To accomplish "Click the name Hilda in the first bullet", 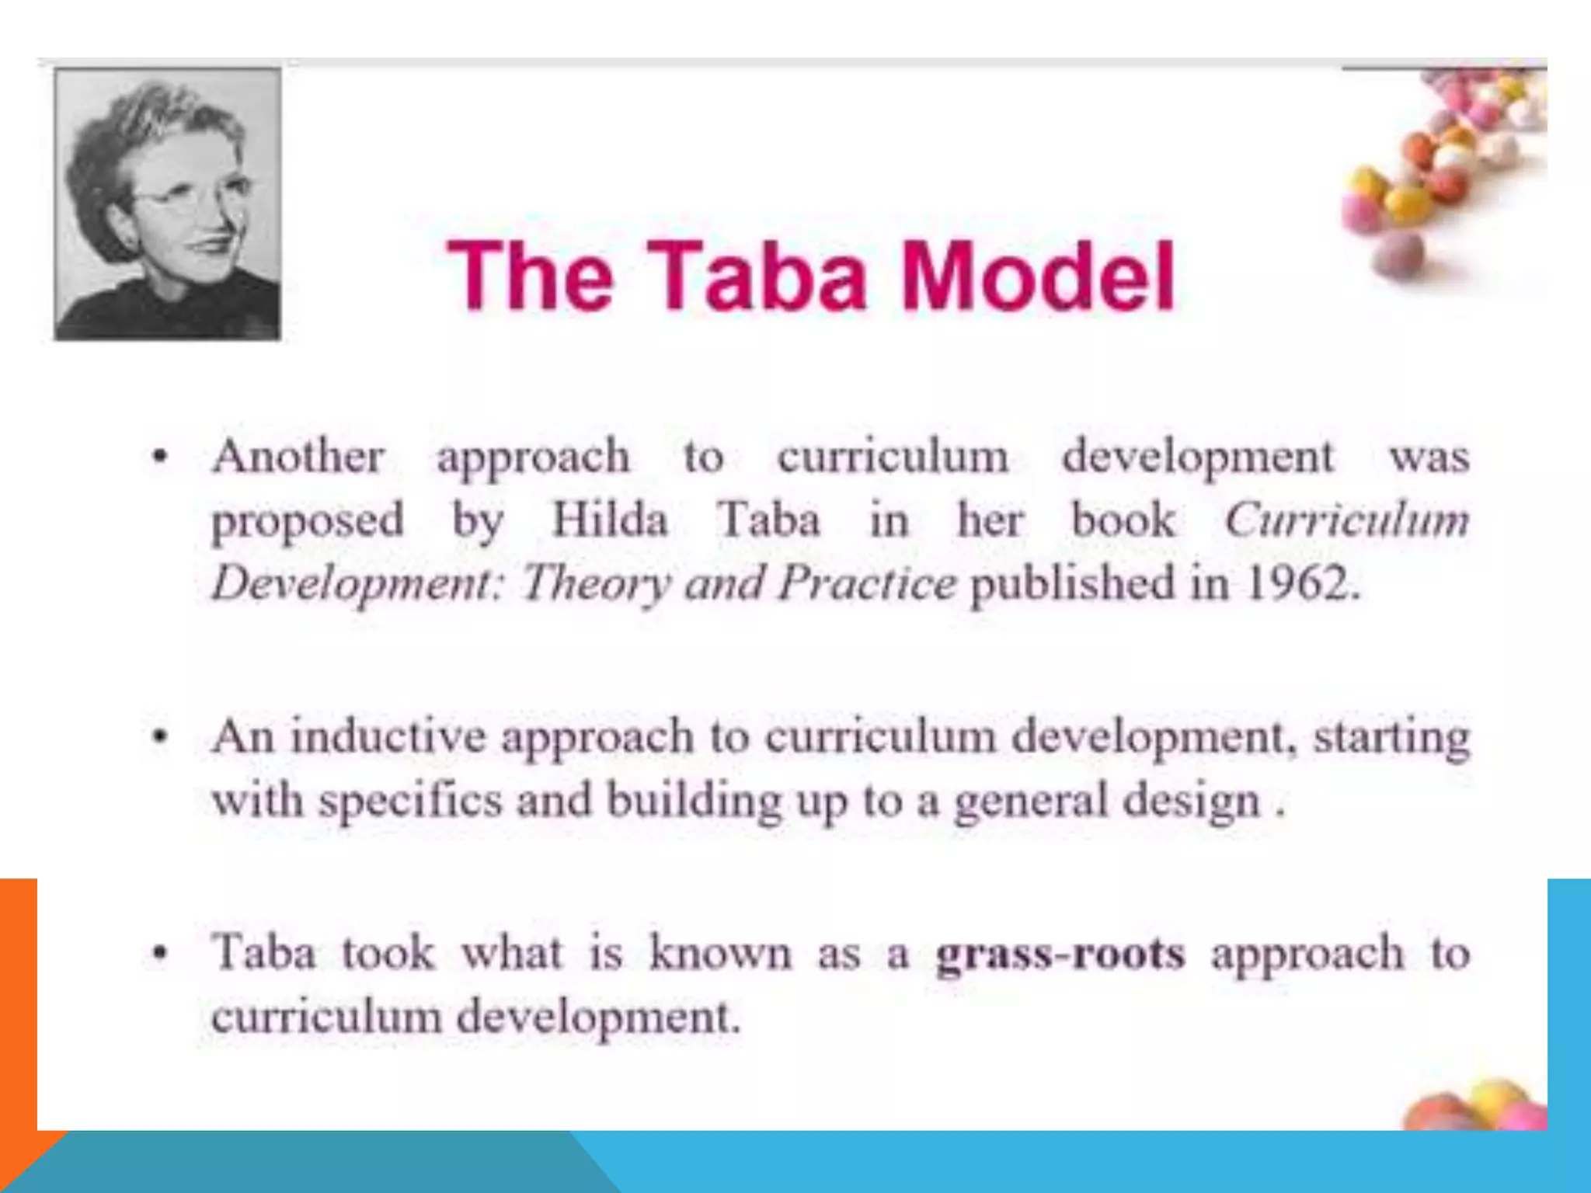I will pos(609,520).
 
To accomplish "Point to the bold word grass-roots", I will pos(1060,953).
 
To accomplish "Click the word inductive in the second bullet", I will pos(388,736).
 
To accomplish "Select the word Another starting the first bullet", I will pos(298,456).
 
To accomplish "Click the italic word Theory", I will pos(595,584).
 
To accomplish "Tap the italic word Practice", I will pos(867,583).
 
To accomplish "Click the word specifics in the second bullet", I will pos(411,800).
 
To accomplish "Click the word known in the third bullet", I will pos(720,953).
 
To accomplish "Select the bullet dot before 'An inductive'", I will pos(160,736).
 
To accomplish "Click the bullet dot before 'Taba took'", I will pos(160,953).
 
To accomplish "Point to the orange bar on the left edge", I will pos(18,1010).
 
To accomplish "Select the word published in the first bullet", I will pos(1072,583).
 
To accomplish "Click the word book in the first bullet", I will pos(1123,520).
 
